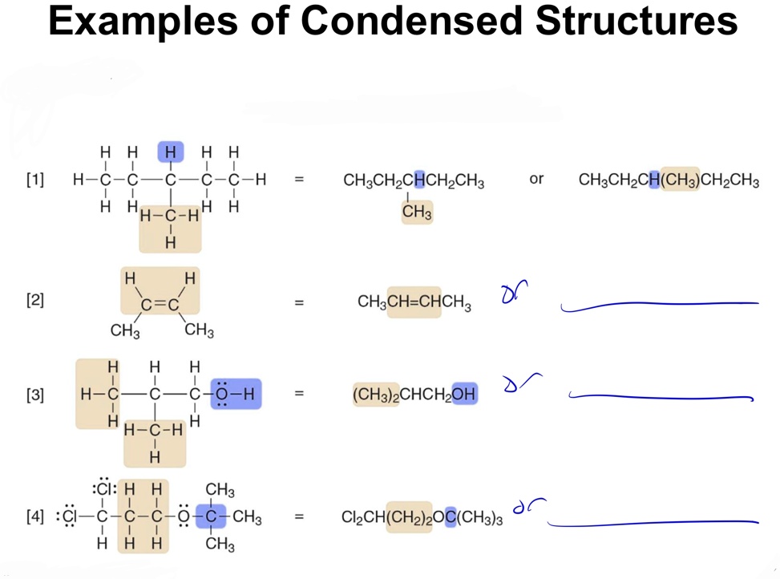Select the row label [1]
point(34,180)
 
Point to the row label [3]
point(34,395)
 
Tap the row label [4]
point(34,517)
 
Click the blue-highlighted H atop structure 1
point(170,152)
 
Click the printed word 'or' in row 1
point(536,179)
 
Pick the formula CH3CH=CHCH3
point(414,303)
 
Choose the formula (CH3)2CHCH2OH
point(414,395)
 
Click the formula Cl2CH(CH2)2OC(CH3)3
point(422,518)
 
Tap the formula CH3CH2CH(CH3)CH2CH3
point(669,180)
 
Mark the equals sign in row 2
point(299,303)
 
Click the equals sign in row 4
point(299,517)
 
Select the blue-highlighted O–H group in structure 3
point(236,394)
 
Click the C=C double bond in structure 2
point(160,304)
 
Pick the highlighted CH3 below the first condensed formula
point(417,213)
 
